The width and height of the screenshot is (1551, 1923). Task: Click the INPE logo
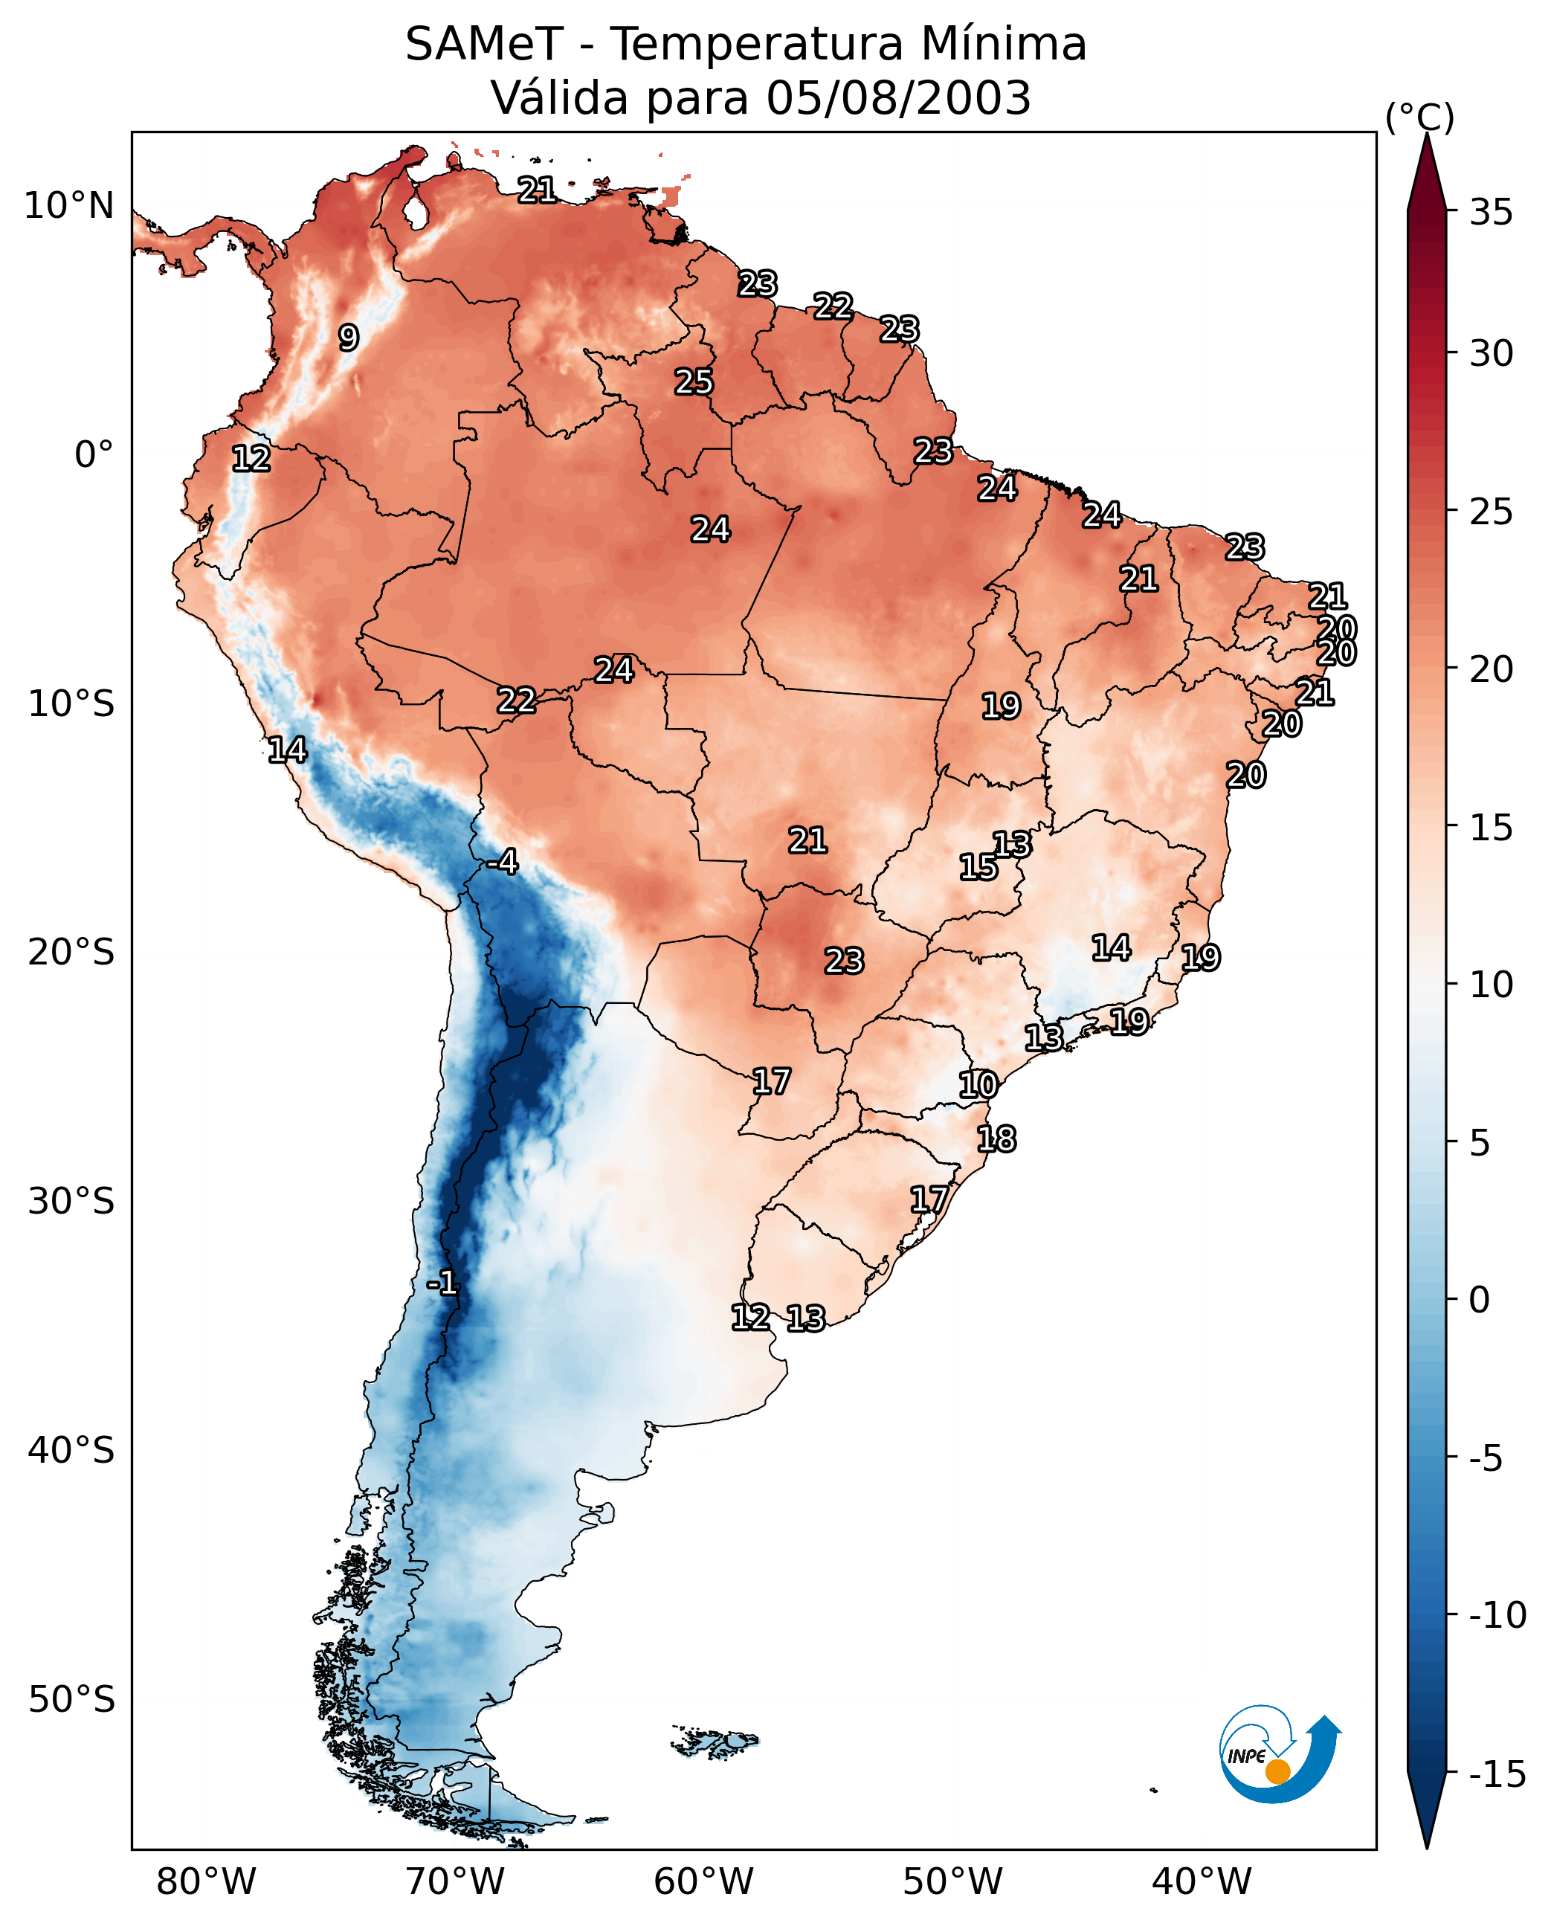[x=1279, y=1756]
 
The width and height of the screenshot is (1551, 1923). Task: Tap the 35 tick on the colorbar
[x=1491, y=213]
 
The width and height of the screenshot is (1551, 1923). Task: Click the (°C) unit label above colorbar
[x=1419, y=117]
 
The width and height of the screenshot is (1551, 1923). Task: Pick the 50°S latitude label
[x=71, y=1698]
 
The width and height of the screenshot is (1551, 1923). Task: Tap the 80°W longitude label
[x=207, y=1882]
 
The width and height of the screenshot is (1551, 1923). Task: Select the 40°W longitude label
[x=1202, y=1882]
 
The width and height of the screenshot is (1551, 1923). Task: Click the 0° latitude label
[x=94, y=455]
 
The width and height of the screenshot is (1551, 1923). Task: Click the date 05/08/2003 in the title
[x=898, y=97]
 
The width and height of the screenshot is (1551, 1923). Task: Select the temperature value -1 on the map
[x=442, y=1284]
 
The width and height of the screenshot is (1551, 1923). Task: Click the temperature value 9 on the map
[x=349, y=338]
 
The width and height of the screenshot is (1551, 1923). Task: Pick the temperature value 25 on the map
[x=693, y=382]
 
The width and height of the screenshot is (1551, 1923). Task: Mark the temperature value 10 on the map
[x=978, y=1085]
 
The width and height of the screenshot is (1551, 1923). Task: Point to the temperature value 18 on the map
[x=996, y=1139]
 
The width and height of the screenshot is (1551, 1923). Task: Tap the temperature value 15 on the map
[x=978, y=867]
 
